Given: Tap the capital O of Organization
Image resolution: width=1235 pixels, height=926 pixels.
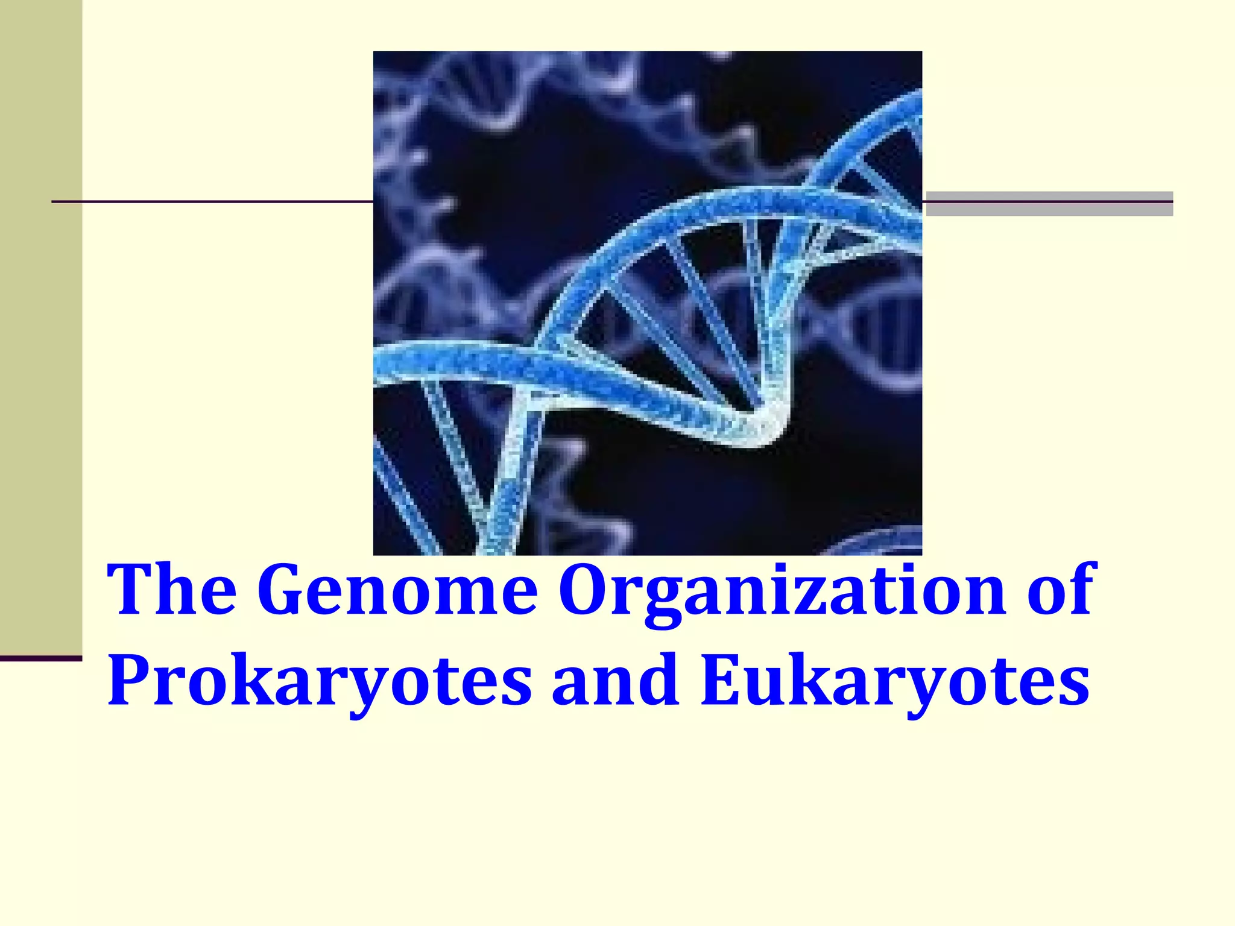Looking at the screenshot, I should coord(587,589).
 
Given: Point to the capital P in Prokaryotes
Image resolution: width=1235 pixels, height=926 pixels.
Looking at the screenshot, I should coord(130,679).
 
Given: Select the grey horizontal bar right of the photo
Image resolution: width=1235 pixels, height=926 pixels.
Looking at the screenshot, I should coord(1049,204).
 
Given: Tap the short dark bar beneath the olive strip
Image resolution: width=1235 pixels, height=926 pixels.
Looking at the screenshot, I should coord(40,658).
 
